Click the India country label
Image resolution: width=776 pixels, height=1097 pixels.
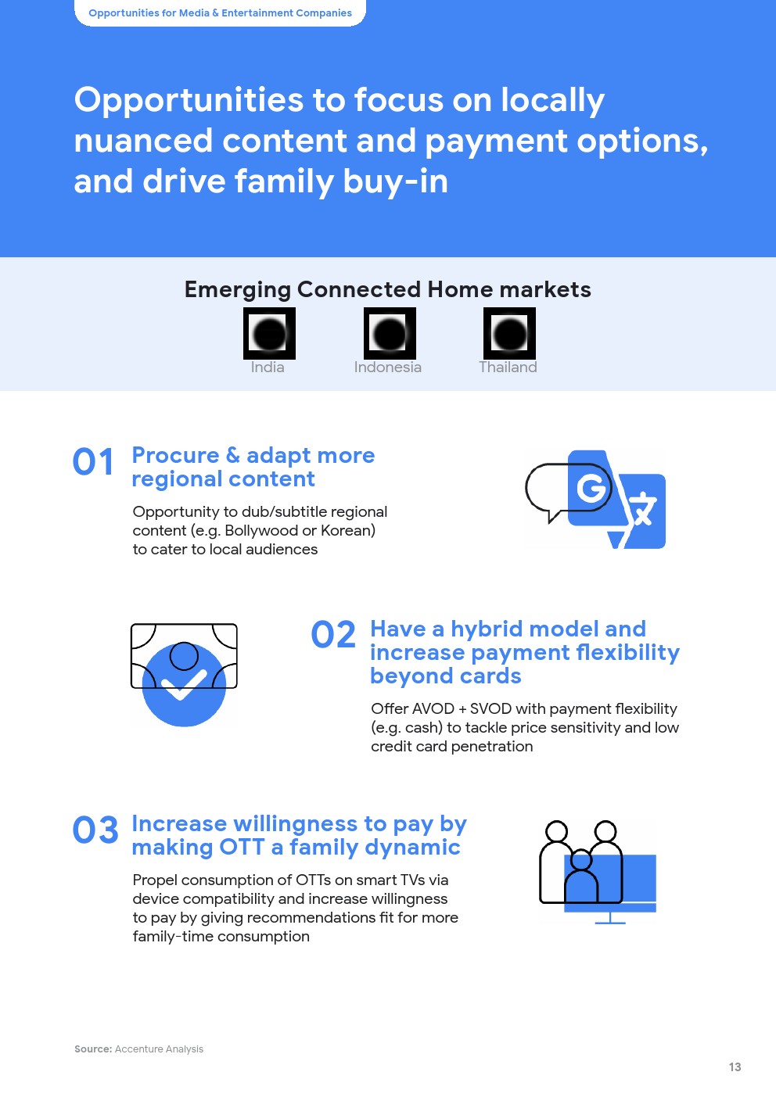click(268, 367)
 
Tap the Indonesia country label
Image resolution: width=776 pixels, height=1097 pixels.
click(387, 367)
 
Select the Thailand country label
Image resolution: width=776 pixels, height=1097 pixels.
click(508, 367)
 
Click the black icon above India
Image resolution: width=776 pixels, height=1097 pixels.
click(269, 334)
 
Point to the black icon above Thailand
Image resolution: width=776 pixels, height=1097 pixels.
click(509, 334)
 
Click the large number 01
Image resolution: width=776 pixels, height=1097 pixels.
click(93, 462)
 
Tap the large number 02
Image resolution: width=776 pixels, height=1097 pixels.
click(333, 634)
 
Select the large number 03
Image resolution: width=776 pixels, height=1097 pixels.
click(95, 830)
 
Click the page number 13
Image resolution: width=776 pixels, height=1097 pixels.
click(735, 1067)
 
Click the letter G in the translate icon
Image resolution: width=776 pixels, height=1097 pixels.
click(591, 488)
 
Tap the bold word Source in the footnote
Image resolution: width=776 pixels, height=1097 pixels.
click(93, 1049)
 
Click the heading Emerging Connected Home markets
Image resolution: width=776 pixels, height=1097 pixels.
click(387, 289)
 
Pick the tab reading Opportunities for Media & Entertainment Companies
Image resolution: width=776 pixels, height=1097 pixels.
click(220, 13)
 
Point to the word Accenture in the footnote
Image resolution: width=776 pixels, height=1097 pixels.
click(138, 1049)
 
